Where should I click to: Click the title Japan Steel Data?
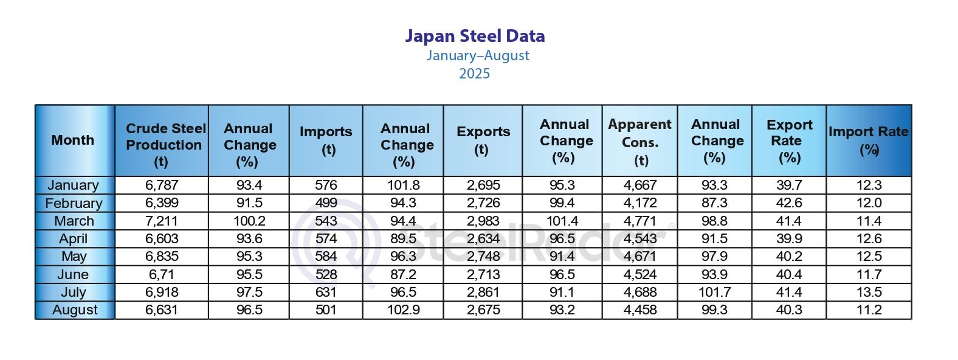pos(475,36)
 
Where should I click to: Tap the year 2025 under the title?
pos(474,74)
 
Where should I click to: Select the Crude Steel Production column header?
pos(162,145)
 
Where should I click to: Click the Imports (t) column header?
pos(326,140)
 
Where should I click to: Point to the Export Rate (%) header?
pos(788,141)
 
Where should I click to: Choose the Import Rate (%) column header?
pos(869,140)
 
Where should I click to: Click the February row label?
pos(74,203)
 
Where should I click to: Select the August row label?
pos(75,310)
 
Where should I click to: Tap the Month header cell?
pos(73,140)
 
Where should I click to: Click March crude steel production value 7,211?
pos(162,221)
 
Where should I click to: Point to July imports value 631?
pos(326,292)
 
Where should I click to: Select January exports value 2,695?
pos(483,185)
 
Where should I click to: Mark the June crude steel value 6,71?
pos(162,275)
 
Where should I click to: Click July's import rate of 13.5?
pos(869,292)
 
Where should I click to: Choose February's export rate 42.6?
pos(789,203)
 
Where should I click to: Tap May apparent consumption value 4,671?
pos(640,257)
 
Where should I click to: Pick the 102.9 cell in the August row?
pos(404,310)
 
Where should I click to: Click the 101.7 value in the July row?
pos(714,292)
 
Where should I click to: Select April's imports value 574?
pos(326,239)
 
